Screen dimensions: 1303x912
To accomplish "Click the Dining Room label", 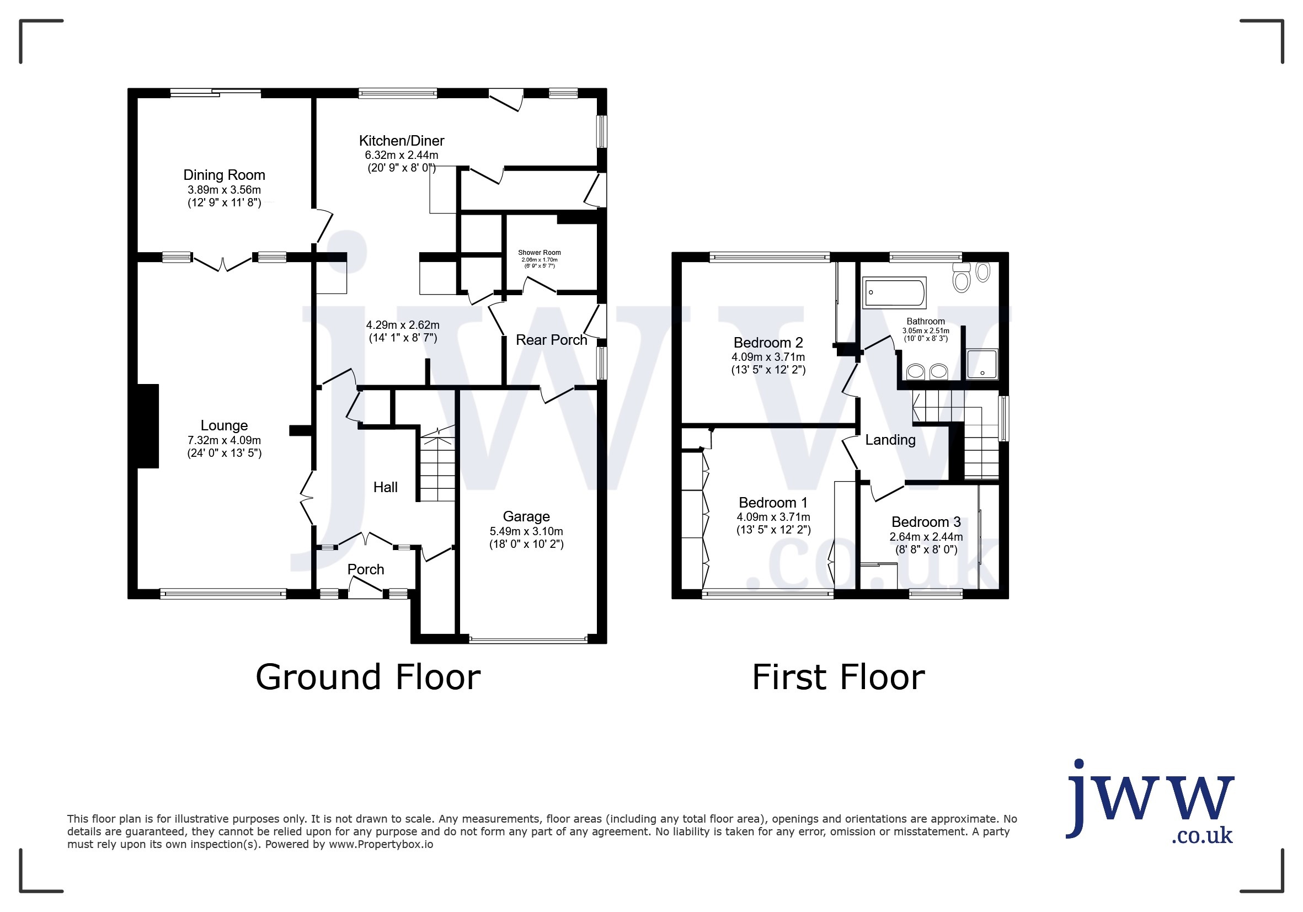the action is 224,175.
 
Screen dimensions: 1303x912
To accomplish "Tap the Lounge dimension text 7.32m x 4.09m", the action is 224,440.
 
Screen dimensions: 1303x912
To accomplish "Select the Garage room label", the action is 526,516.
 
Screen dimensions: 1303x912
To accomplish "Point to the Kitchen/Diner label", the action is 401,141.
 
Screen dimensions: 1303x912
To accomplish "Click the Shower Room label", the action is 539,253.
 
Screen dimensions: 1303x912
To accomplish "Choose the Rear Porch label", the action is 551,340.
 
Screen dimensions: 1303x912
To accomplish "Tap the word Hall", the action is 386,487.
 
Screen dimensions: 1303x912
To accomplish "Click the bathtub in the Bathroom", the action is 894,292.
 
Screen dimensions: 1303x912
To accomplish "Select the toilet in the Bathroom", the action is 962,278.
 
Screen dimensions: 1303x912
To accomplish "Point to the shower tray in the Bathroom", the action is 982,364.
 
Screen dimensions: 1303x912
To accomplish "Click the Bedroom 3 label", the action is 926,522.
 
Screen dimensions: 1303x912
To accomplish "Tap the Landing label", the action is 890,440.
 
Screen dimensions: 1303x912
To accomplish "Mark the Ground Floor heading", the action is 368,677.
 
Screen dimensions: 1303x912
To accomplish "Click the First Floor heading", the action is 838,677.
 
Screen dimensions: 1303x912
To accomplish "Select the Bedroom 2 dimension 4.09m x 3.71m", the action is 768,357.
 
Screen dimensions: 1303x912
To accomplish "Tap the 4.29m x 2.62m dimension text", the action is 402,325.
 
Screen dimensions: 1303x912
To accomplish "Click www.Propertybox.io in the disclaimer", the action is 381,844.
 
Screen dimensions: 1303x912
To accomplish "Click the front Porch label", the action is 366,569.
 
